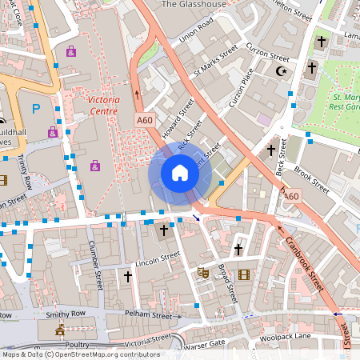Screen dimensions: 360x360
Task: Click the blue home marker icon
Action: pos(180,173)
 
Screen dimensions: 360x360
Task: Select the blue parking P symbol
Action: pos(35,108)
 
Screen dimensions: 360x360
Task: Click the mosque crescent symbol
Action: pos(281,70)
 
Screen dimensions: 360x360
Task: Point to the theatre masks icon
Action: pos(203,272)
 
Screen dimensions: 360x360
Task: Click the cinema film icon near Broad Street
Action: pos(243,274)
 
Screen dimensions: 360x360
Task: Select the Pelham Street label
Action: pos(150,316)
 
